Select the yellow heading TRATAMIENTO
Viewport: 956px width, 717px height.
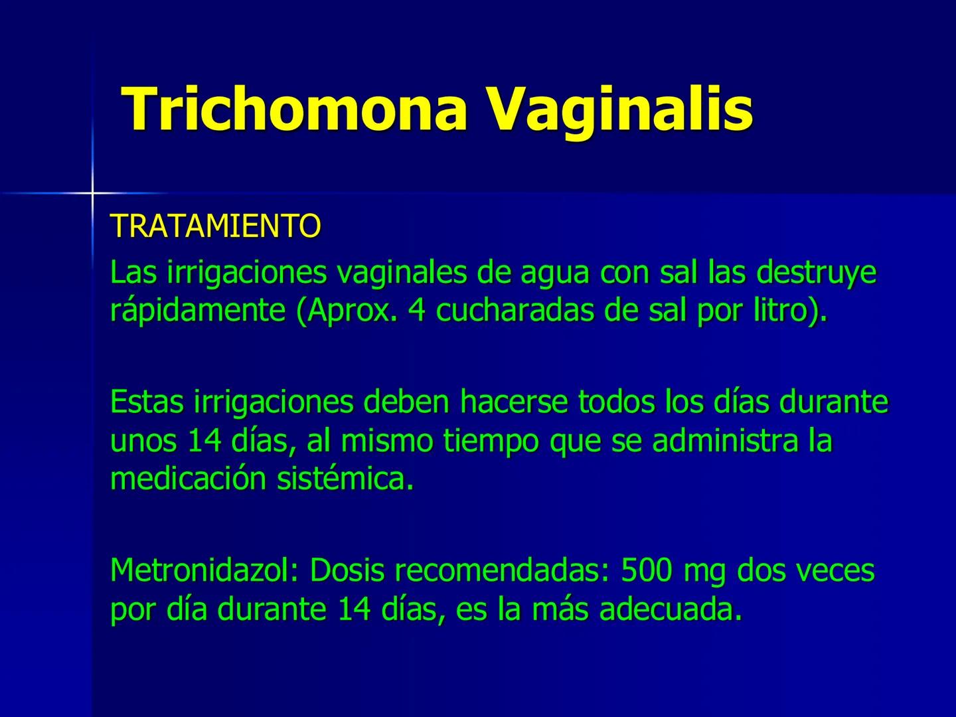point(215,226)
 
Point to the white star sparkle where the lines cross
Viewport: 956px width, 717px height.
point(92,193)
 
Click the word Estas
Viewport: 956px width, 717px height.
point(147,402)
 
